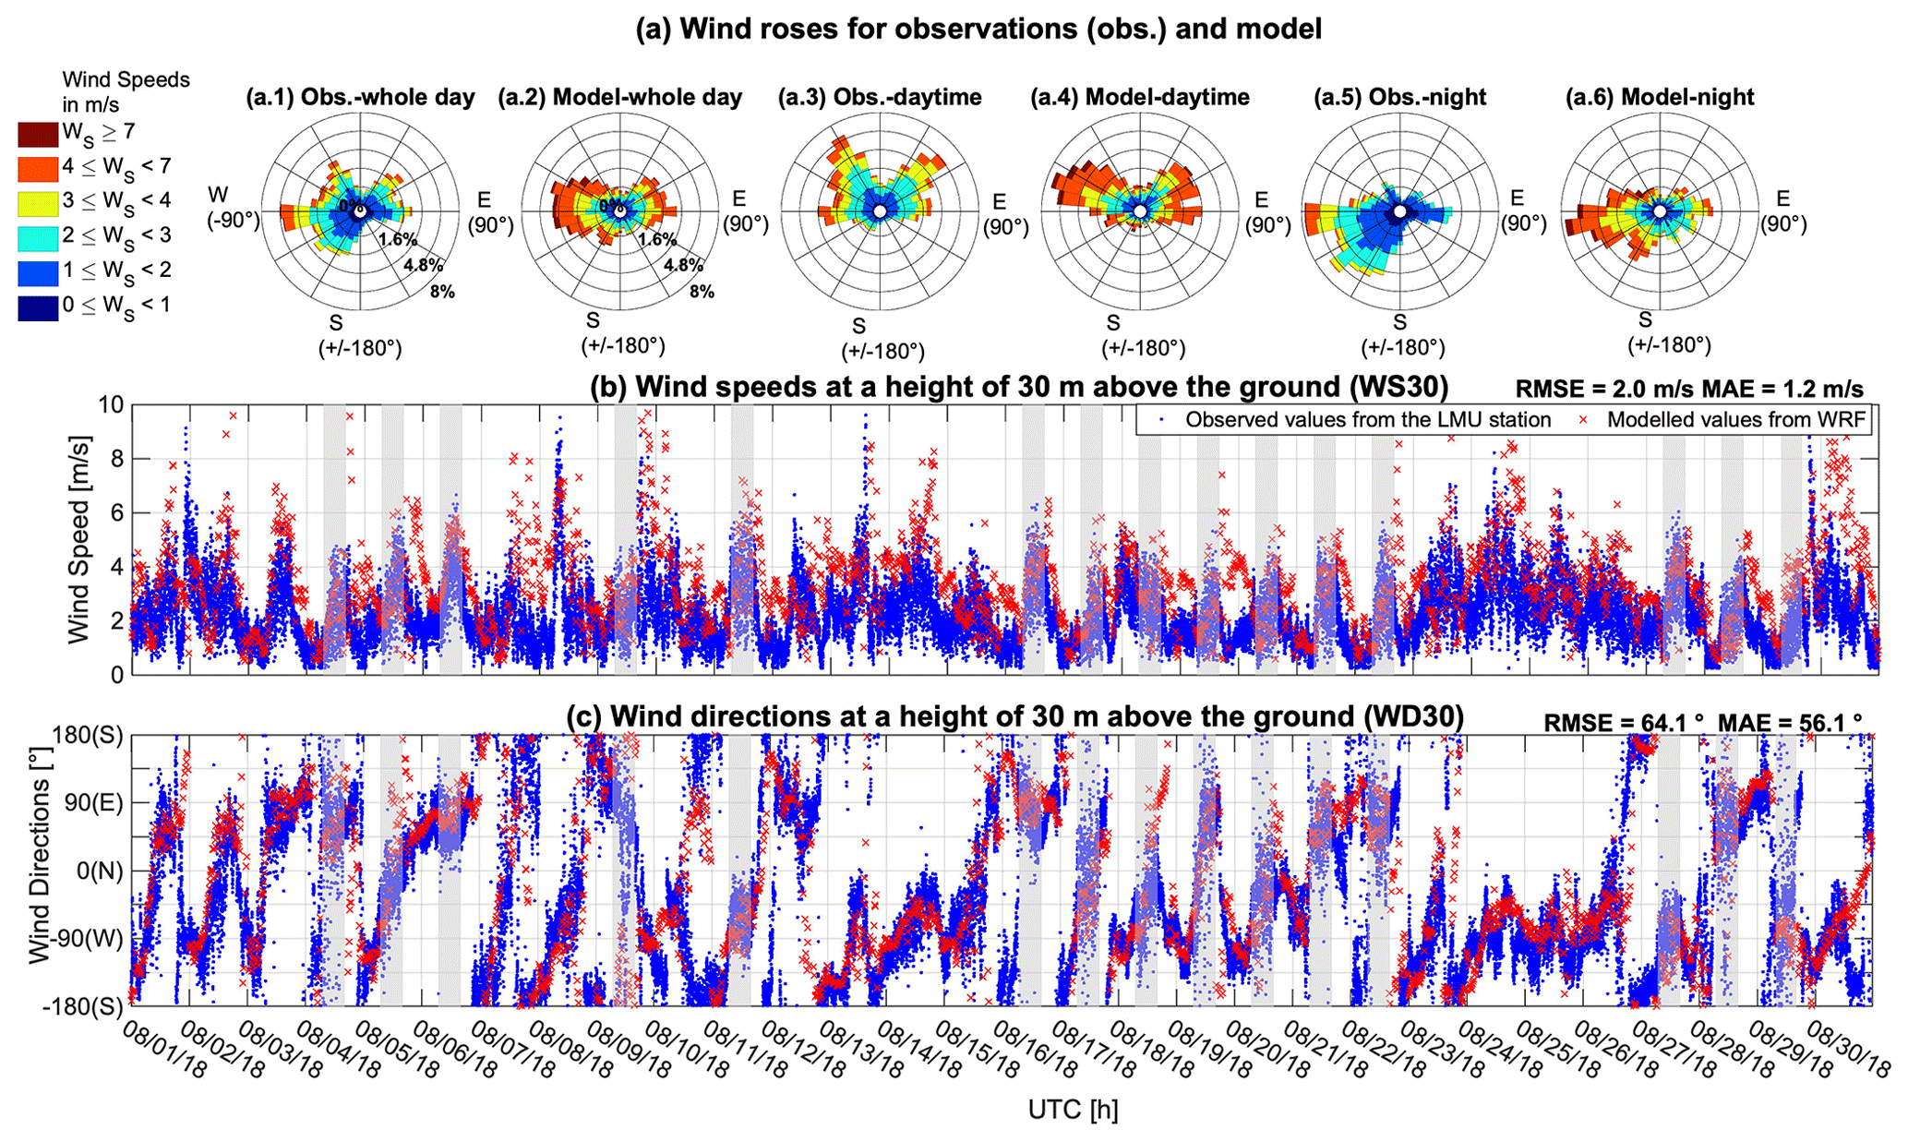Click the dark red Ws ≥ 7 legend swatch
pyautogui.click(x=38, y=134)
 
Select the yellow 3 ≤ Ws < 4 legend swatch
pyautogui.click(x=38, y=203)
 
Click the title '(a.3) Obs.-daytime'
pyautogui.click(x=879, y=97)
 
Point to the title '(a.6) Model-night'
pyautogui.click(x=1660, y=97)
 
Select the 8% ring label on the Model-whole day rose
pyautogui.click(x=702, y=292)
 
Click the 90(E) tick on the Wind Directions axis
pyautogui.click(x=92, y=802)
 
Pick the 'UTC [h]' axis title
pyautogui.click(x=1073, y=1111)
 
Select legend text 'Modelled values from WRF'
pyautogui.click(x=1736, y=420)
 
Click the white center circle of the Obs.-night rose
pyautogui.click(x=1400, y=212)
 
